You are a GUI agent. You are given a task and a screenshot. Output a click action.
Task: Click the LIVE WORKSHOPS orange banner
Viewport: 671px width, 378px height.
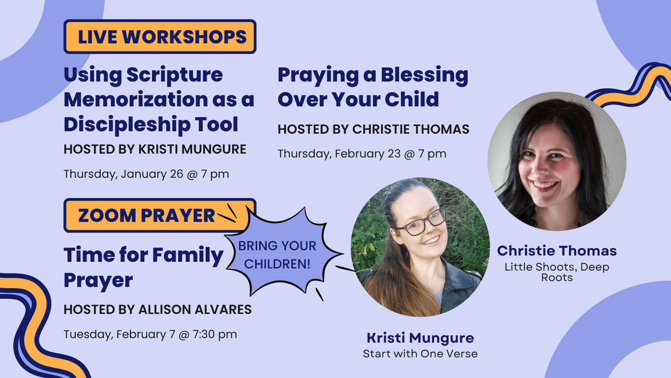160,36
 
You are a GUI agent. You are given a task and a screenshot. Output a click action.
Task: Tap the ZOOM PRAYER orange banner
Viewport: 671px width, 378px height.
156,215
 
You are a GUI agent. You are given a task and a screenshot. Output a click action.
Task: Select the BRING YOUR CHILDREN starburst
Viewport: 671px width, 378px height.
282,254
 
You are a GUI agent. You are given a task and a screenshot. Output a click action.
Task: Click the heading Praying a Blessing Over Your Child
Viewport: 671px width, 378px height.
373,87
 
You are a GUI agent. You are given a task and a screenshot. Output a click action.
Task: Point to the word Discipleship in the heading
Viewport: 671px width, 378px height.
127,124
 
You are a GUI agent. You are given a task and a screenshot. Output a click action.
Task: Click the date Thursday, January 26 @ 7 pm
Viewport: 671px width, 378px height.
146,174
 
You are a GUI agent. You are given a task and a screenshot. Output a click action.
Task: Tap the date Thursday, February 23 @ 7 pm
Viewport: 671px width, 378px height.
362,154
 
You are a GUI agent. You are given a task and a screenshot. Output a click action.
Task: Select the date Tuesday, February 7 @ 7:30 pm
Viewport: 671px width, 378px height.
150,334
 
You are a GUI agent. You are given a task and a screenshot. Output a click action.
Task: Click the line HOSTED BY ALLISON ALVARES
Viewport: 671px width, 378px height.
158,310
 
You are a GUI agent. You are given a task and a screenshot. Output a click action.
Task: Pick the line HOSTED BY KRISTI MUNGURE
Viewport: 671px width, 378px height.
155,149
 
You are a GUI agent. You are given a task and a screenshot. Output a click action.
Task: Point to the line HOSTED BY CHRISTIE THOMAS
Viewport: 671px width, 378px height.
373,129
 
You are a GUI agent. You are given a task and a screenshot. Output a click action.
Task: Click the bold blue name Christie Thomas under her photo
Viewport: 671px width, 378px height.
557,250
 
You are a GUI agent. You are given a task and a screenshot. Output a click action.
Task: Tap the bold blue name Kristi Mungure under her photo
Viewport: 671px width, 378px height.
420,338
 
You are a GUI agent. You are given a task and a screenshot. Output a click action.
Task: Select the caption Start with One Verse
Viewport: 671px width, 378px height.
420,354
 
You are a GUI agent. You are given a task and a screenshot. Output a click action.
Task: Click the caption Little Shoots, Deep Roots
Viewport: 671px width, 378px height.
557,272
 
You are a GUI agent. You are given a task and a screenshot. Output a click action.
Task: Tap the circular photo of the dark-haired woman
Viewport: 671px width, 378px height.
557,161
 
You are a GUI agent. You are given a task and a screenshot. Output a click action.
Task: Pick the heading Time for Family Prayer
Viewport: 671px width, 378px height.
143,267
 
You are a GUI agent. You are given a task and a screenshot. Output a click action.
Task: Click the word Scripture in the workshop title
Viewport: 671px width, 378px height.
174,75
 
